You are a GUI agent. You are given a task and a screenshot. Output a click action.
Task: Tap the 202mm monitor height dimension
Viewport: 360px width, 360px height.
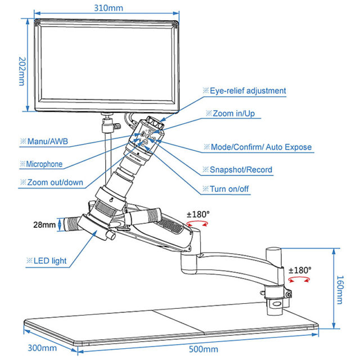point(21,70)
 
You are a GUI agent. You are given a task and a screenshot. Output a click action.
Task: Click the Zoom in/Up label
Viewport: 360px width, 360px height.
point(232,113)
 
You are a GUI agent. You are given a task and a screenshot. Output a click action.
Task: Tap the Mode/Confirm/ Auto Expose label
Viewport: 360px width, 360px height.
point(256,147)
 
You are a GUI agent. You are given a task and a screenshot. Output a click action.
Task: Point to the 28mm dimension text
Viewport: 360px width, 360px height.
point(44,225)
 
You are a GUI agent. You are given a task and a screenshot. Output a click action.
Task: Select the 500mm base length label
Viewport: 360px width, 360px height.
point(203,350)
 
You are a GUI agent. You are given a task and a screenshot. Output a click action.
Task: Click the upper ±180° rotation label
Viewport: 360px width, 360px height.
point(198,214)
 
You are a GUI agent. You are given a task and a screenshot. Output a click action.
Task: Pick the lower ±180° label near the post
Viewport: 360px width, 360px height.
point(299,270)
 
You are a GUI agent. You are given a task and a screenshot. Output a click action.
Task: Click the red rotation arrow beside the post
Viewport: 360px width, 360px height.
point(300,280)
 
